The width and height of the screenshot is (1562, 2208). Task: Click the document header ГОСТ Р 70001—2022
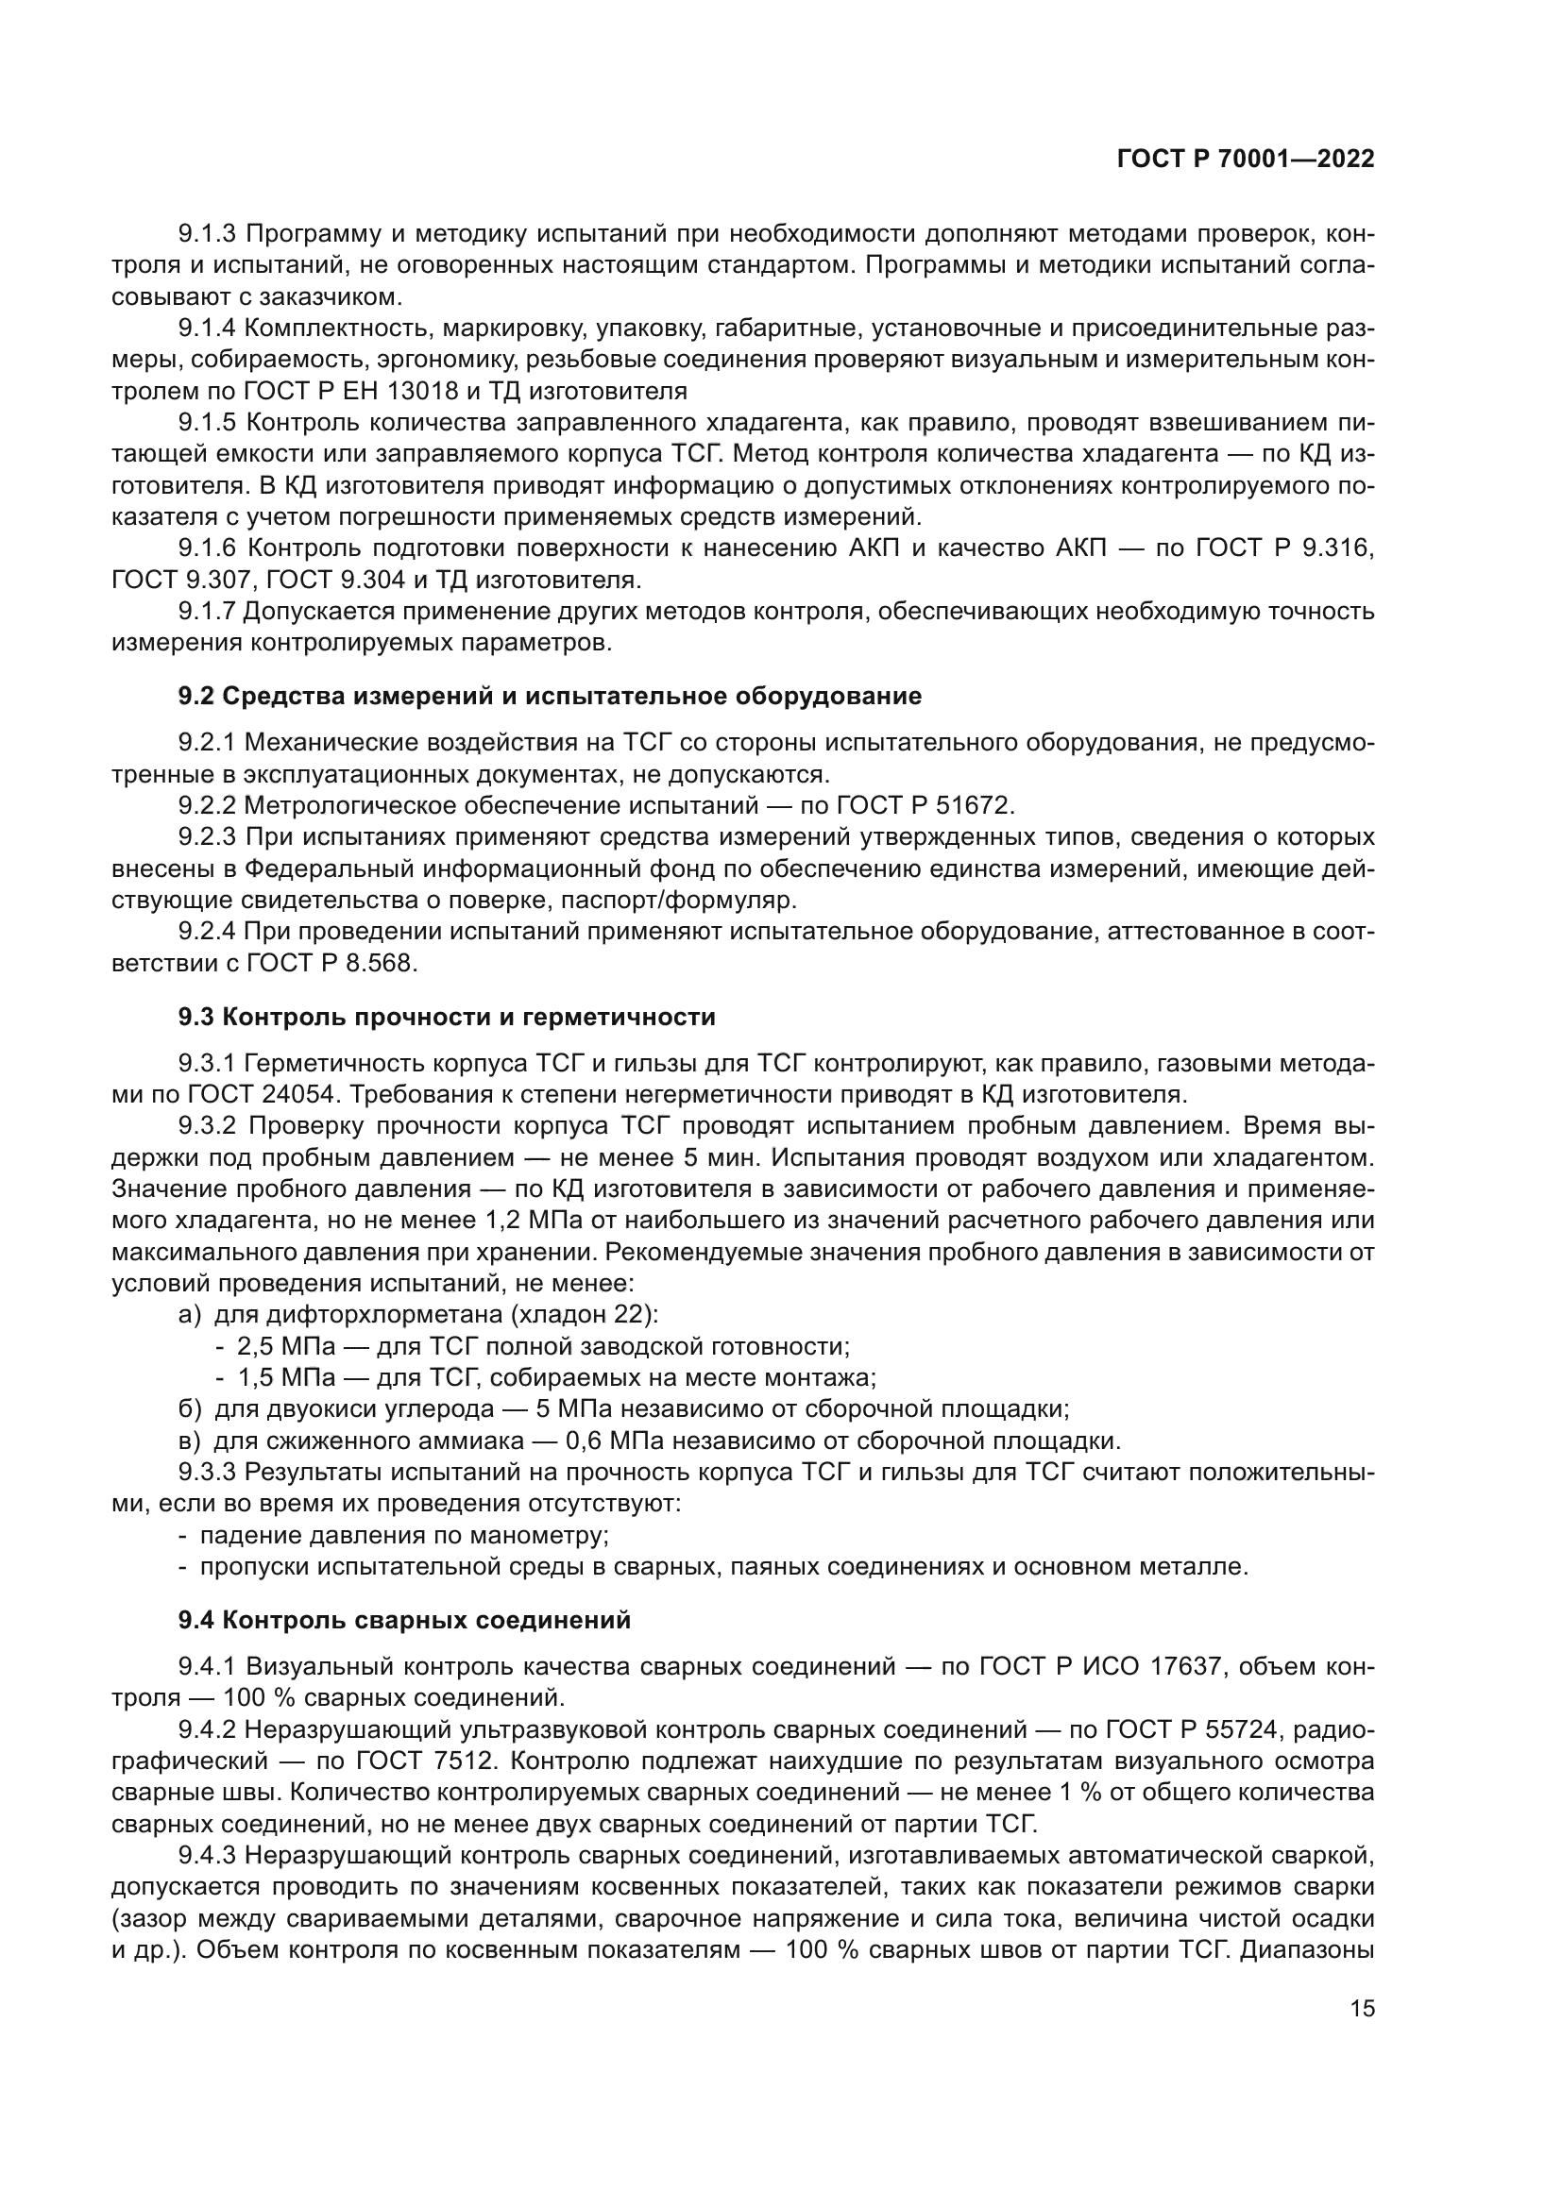click(x=1245, y=160)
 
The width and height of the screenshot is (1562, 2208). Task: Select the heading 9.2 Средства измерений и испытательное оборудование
click(x=550, y=697)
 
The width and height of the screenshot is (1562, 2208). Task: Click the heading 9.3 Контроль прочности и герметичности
click(x=447, y=1018)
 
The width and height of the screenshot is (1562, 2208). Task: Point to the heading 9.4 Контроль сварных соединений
click(x=404, y=1621)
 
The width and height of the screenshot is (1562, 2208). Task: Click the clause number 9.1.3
click(x=207, y=234)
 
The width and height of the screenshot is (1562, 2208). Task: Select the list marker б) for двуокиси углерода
click(x=190, y=1409)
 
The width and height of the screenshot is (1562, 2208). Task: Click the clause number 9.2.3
click(x=207, y=836)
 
